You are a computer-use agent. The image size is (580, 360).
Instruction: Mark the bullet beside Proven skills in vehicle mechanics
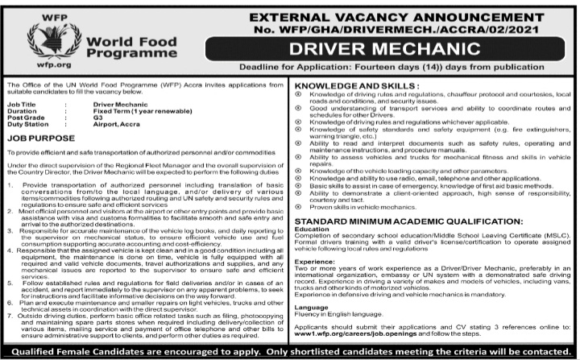300,207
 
